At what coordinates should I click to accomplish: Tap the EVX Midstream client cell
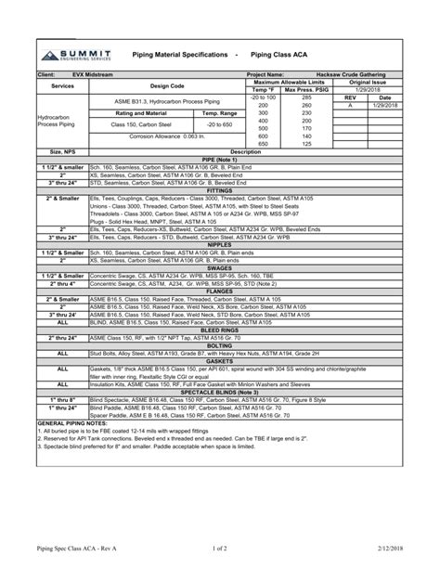(90, 73)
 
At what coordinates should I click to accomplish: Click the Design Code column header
(167, 85)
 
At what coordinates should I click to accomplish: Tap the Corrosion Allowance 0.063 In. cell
(167, 136)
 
